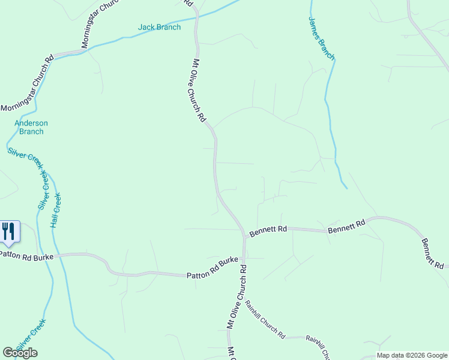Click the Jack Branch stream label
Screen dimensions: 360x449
(159, 27)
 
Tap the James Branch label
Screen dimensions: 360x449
(321, 38)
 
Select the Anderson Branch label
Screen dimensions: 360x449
(31, 127)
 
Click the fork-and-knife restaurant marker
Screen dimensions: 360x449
(8, 231)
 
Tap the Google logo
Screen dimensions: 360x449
(20, 353)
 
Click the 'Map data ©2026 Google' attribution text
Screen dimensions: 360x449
(411, 355)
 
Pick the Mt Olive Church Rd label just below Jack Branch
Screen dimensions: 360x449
(199, 90)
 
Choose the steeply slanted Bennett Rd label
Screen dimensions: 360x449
(432, 253)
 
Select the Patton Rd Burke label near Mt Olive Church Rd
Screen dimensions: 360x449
(212, 268)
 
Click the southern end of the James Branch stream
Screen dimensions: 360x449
(347, 188)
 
